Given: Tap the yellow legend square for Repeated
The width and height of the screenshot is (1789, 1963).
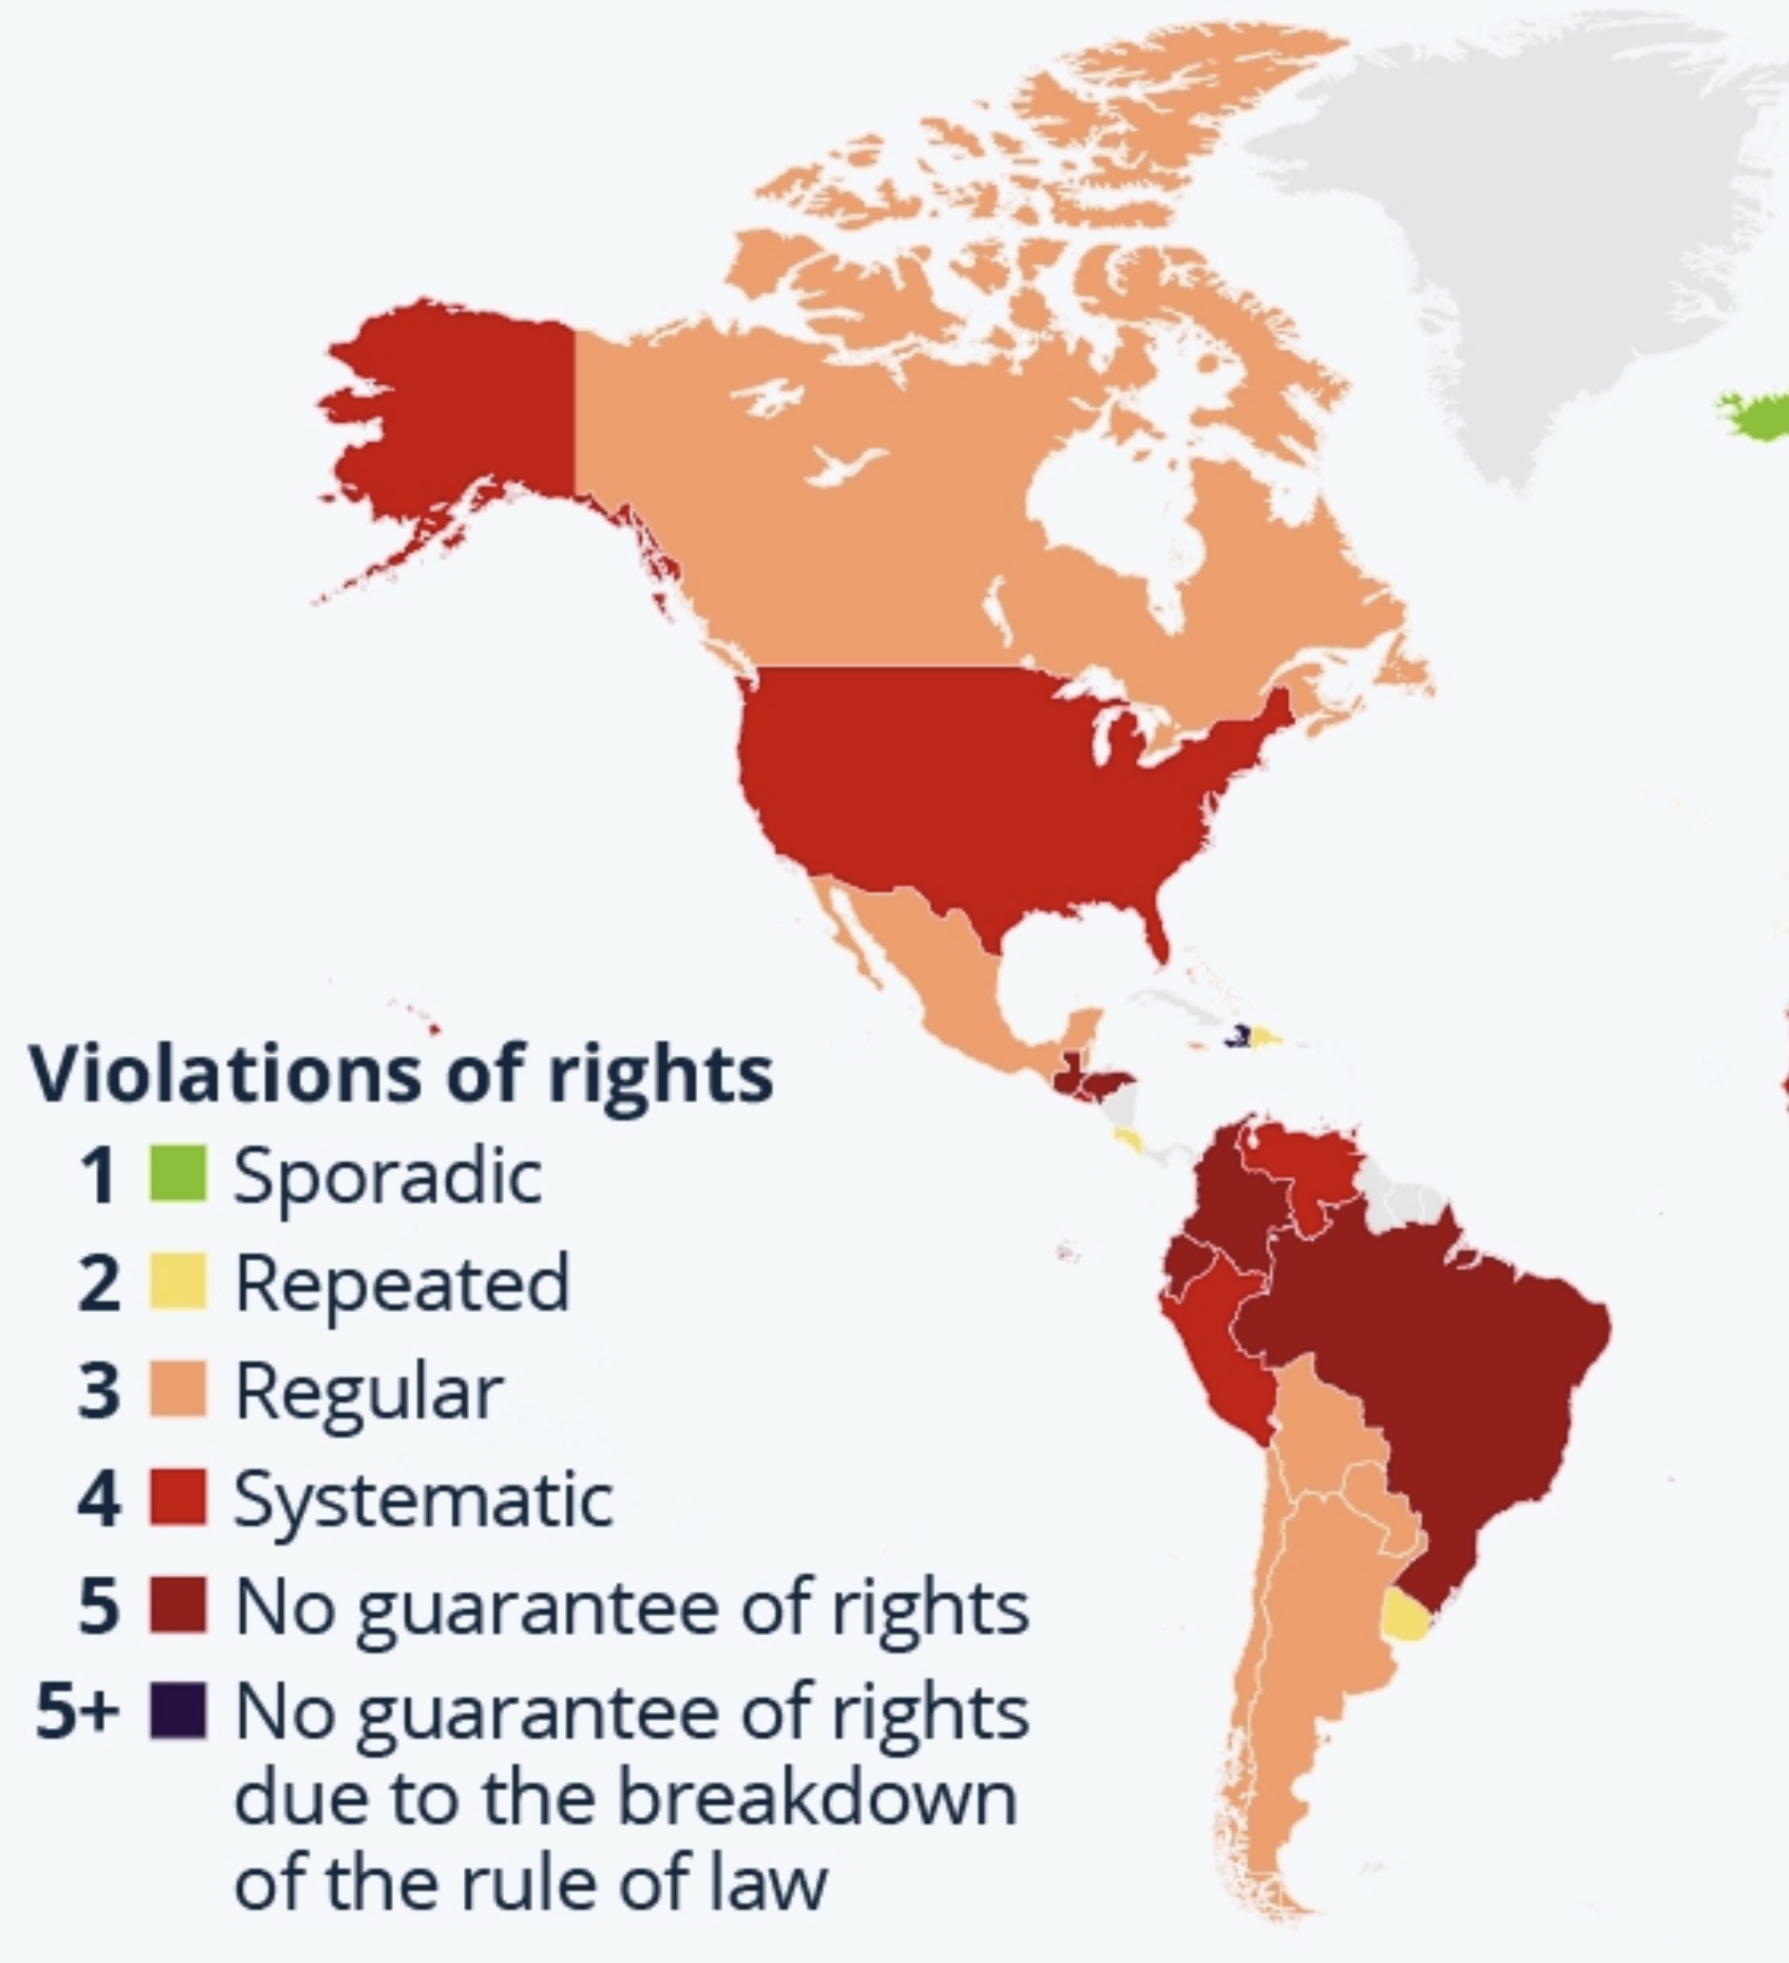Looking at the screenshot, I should (178, 1281).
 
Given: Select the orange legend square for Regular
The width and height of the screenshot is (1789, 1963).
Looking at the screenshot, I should (178, 1389).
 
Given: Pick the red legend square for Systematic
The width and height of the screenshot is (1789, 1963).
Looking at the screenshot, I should (178, 1496).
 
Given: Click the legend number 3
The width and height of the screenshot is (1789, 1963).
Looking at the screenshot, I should (99, 1391).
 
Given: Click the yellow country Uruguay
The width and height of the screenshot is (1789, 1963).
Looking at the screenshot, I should (1405, 1617).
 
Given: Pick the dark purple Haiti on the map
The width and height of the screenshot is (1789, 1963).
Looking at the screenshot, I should (1238, 1036).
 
